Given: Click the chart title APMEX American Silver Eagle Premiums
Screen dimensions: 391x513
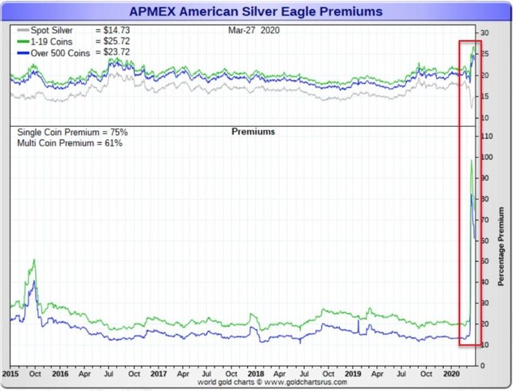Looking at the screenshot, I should click(256, 11).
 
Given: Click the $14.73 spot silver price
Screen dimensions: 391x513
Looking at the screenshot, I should click(113, 30).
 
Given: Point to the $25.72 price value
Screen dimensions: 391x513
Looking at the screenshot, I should click(113, 41).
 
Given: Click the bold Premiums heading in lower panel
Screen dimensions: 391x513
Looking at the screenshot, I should click(253, 132).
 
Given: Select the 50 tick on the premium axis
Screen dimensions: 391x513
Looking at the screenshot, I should click(485, 261).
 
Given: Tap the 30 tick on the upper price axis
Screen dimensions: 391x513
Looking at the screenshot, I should click(485, 33).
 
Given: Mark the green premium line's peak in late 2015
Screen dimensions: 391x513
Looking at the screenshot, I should click(34, 260).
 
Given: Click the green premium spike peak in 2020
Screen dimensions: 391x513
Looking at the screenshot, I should click(472, 161).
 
